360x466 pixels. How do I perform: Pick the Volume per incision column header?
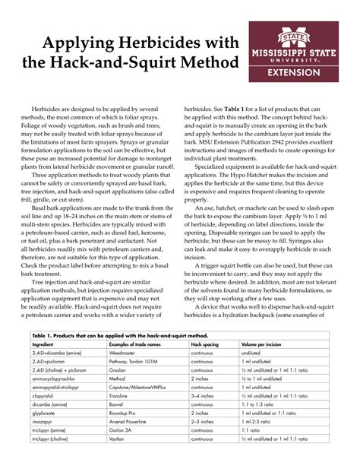(262, 344)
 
